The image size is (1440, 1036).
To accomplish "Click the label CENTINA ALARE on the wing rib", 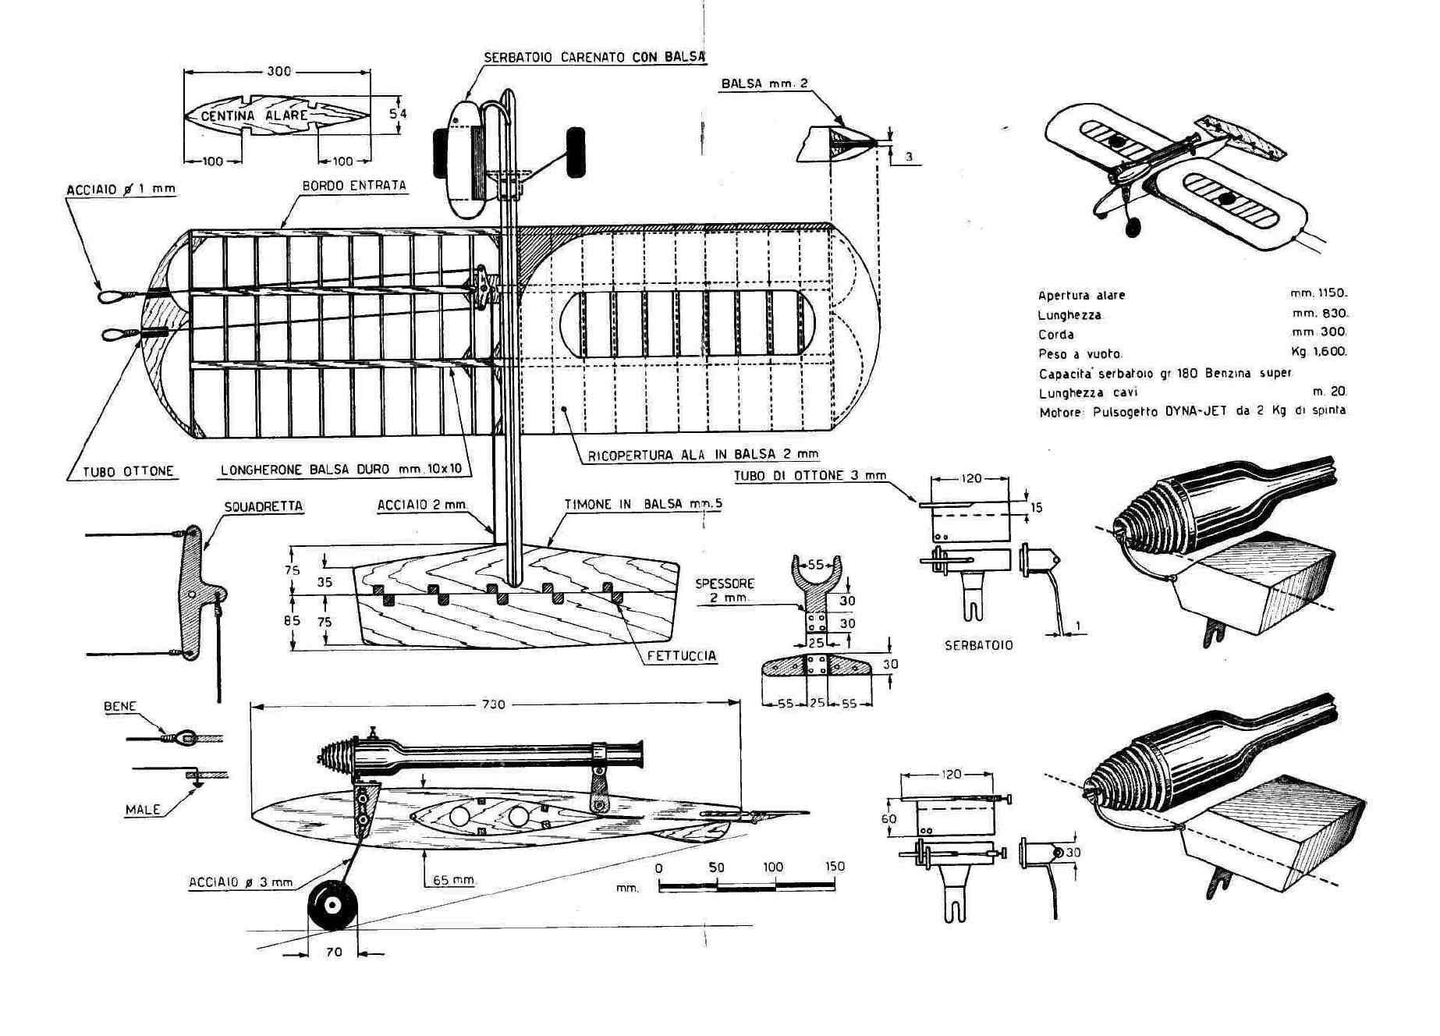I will tap(254, 116).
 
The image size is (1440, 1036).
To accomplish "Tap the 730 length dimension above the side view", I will tap(493, 704).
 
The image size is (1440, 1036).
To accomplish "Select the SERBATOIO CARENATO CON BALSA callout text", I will tap(594, 57).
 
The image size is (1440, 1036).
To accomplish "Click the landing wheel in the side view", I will tap(332, 906).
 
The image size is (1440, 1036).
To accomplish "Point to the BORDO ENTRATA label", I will tap(354, 186).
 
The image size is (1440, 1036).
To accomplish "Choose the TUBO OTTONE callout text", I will tap(128, 471).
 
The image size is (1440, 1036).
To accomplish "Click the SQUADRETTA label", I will tap(263, 506).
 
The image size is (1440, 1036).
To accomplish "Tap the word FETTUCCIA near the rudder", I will tap(681, 656).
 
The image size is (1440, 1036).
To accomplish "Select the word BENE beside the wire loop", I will tap(120, 707).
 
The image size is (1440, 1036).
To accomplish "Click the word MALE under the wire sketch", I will tap(143, 810).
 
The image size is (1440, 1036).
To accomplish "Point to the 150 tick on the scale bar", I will tap(834, 867).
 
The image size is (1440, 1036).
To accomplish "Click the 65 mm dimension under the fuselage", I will tap(454, 880).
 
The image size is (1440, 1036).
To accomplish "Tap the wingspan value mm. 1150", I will tap(1318, 293).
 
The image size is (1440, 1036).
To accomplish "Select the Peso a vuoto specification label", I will tap(1080, 353).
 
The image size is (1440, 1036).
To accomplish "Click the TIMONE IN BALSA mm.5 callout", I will tap(643, 504).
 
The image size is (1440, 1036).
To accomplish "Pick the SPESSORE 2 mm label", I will tap(725, 590).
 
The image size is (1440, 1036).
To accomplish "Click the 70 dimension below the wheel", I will tap(334, 952).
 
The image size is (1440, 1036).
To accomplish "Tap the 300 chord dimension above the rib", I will tap(278, 71).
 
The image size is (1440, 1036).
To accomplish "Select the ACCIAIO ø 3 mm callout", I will tap(240, 882).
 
